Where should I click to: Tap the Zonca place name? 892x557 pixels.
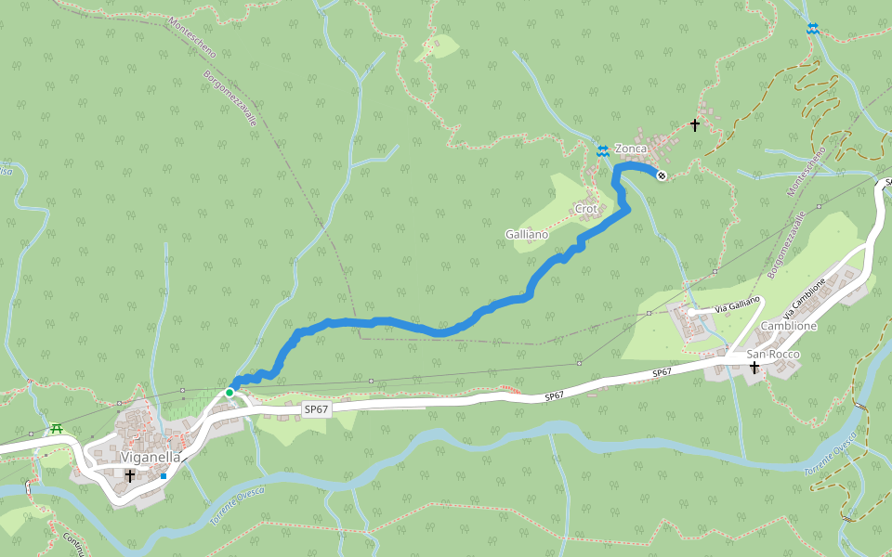630,149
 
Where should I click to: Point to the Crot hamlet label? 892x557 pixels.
586,208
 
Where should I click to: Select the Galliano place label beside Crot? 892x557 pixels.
527,234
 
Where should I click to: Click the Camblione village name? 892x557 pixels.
789,327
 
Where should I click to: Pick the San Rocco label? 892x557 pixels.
767,354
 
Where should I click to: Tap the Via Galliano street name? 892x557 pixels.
738,304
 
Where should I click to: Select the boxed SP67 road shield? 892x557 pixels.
317,409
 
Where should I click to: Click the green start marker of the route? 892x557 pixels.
230,393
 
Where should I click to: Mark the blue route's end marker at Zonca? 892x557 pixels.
662,175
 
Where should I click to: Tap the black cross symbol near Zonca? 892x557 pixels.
694,124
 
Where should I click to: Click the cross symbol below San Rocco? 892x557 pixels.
754,369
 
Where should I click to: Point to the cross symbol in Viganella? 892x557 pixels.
130,475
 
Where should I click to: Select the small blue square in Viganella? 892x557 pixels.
164,476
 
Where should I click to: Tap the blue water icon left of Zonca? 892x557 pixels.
602,150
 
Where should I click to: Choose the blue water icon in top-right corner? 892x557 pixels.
813,29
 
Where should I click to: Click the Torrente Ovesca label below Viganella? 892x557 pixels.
237,505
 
